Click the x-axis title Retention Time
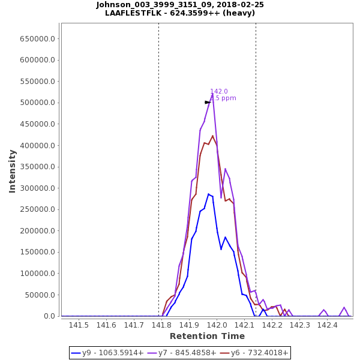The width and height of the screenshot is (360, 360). tap(207, 337)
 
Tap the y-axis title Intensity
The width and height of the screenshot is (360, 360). tap(13, 171)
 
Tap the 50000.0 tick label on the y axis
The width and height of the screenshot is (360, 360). tap(40, 295)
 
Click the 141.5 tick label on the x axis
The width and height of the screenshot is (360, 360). tap(79, 325)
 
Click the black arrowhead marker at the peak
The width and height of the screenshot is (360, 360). tap(208, 103)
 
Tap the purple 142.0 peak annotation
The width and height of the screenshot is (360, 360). tap(219, 92)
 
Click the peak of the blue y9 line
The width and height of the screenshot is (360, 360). tap(208, 194)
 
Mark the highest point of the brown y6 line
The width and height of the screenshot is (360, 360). tap(212, 136)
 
